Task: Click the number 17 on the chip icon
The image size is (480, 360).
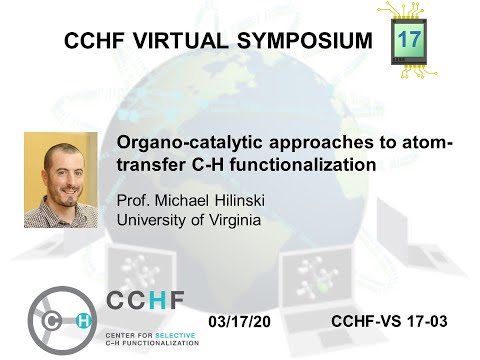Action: (x=410, y=40)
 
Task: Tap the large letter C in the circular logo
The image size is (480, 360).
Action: (x=54, y=320)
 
